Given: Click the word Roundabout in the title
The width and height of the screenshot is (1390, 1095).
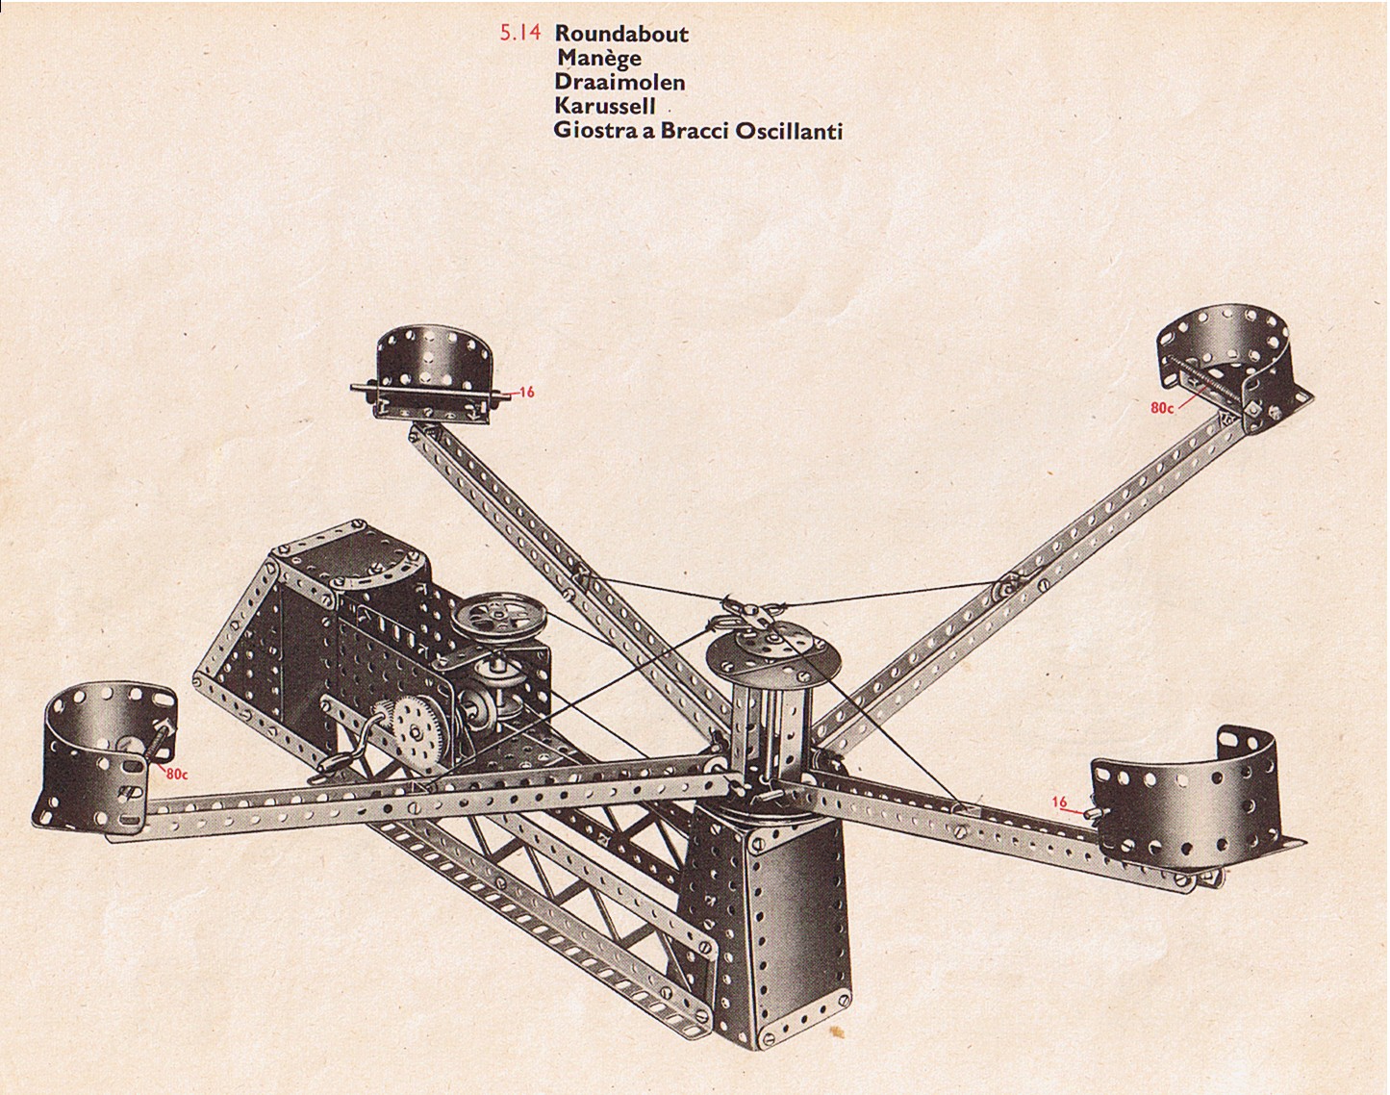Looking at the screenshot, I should [621, 34].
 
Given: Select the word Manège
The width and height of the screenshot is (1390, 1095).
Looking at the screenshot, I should [599, 58].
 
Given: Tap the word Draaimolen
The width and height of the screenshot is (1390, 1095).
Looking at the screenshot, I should [619, 82].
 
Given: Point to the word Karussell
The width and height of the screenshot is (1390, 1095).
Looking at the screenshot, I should [605, 106].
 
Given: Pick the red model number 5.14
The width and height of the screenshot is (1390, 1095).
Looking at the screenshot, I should [520, 34].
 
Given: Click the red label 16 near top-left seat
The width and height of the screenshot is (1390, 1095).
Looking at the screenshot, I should [525, 393].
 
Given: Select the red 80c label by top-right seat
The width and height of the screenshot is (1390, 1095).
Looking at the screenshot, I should [1162, 408].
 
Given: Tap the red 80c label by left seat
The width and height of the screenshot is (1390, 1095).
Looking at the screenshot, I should [176, 773].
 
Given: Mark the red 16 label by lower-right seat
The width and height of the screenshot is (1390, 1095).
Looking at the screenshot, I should [1059, 802].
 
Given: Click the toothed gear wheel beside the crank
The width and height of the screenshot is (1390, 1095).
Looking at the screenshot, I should [417, 731].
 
